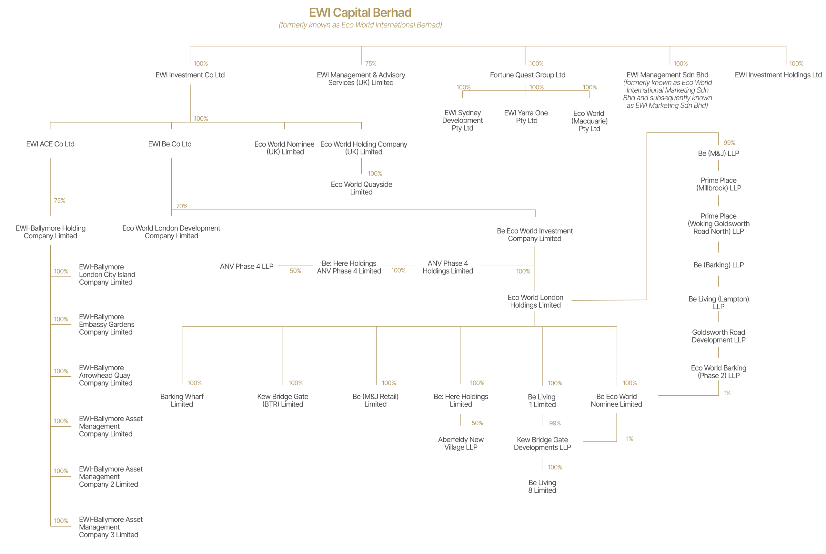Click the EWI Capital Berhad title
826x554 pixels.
tap(360, 13)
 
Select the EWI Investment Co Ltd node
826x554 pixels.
tap(190, 75)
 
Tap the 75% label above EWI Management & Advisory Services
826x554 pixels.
tap(370, 64)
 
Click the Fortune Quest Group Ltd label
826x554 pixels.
tap(527, 75)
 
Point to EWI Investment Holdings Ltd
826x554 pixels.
tap(778, 75)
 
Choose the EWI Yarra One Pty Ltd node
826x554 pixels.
tap(526, 117)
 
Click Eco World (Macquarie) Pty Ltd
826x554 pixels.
tap(589, 121)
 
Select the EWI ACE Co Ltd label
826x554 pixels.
tap(50, 144)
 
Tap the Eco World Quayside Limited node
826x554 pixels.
tap(361, 188)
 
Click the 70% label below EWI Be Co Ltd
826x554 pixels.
tap(182, 206)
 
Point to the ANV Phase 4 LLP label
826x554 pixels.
tap(247, 266)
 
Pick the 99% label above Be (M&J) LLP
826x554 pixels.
tap(729, 143)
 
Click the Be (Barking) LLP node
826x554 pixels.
tap(718, 265)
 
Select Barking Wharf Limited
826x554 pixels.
tap(182, 400)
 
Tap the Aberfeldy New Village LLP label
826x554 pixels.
tap(460, 443)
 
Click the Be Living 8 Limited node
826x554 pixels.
tap(542, 486)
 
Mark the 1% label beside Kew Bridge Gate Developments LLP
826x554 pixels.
tap(630, 439)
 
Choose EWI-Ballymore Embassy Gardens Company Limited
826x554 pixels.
tap(106, 324)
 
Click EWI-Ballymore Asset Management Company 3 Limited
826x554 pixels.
tap(110, 527)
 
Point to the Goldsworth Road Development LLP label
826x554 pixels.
tap(718, 336)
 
